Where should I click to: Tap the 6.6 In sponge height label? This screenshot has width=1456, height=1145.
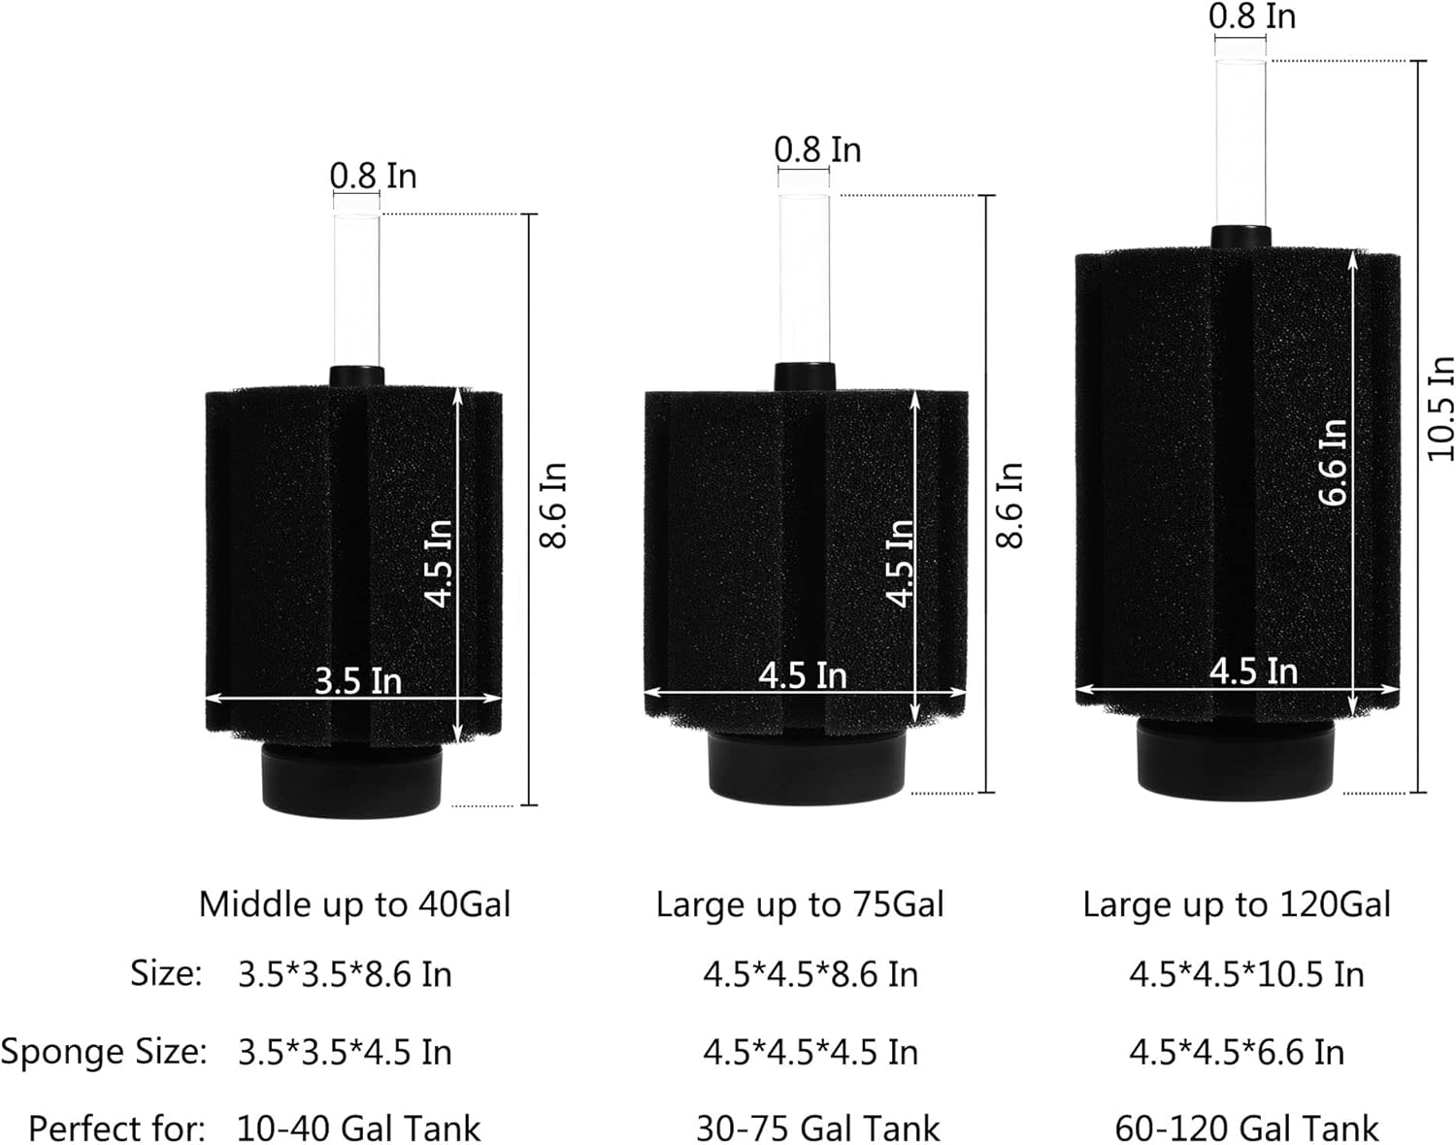tap(1333, 463)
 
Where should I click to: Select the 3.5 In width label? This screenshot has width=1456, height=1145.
tap(358, 681)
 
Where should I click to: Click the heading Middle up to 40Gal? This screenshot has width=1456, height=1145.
tap(354, 904)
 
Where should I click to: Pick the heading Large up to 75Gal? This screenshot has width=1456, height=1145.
tap(800, 904)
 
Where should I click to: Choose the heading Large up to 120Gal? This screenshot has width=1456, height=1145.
tap(1237, 904)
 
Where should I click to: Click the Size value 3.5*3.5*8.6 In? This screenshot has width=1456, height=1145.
tap(345, 974)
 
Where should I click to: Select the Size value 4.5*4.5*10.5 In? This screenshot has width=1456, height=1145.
tap(1247, 974)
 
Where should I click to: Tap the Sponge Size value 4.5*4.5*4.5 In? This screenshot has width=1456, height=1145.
tap(811, 1053)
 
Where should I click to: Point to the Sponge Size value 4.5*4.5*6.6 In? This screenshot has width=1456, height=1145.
tap(1237, 1053)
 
